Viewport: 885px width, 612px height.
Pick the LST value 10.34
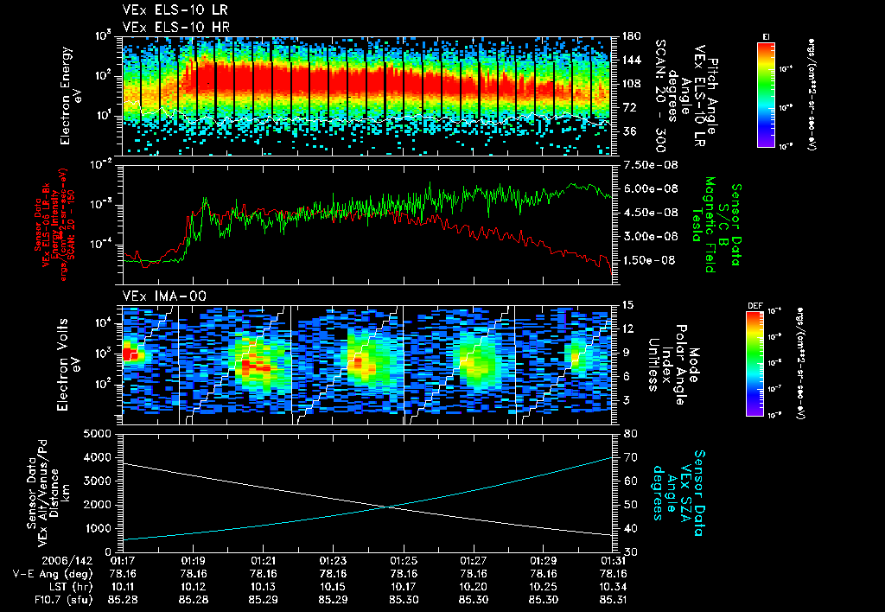click(x=613, y=584)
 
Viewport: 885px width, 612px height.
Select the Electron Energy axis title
click(x=70, y=90)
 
